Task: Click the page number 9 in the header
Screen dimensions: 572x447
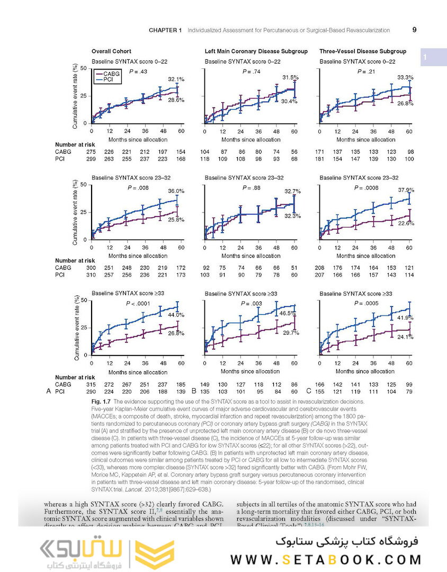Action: pyautogui.click(x=414, y=30)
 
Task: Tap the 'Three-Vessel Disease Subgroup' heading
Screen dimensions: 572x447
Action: pyautogui.click(x=363, y=51)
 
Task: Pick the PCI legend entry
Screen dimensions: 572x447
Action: pyautogui.click(x=107, y=80)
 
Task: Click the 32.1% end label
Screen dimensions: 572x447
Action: pyautogui.click(x=176, y=79)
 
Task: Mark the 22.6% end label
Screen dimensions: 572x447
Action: pyautogui.click(x=406, y=224)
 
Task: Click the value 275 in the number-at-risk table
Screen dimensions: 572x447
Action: pyautogui.click(x=91, y=152)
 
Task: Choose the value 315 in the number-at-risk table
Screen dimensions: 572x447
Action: pyautogui.click(x=91, y=384)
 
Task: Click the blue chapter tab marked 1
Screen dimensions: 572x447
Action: pyautogui.click(x=427, y=57)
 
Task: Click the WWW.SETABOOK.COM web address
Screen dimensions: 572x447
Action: pyautogui.click(x=326, y=559)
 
